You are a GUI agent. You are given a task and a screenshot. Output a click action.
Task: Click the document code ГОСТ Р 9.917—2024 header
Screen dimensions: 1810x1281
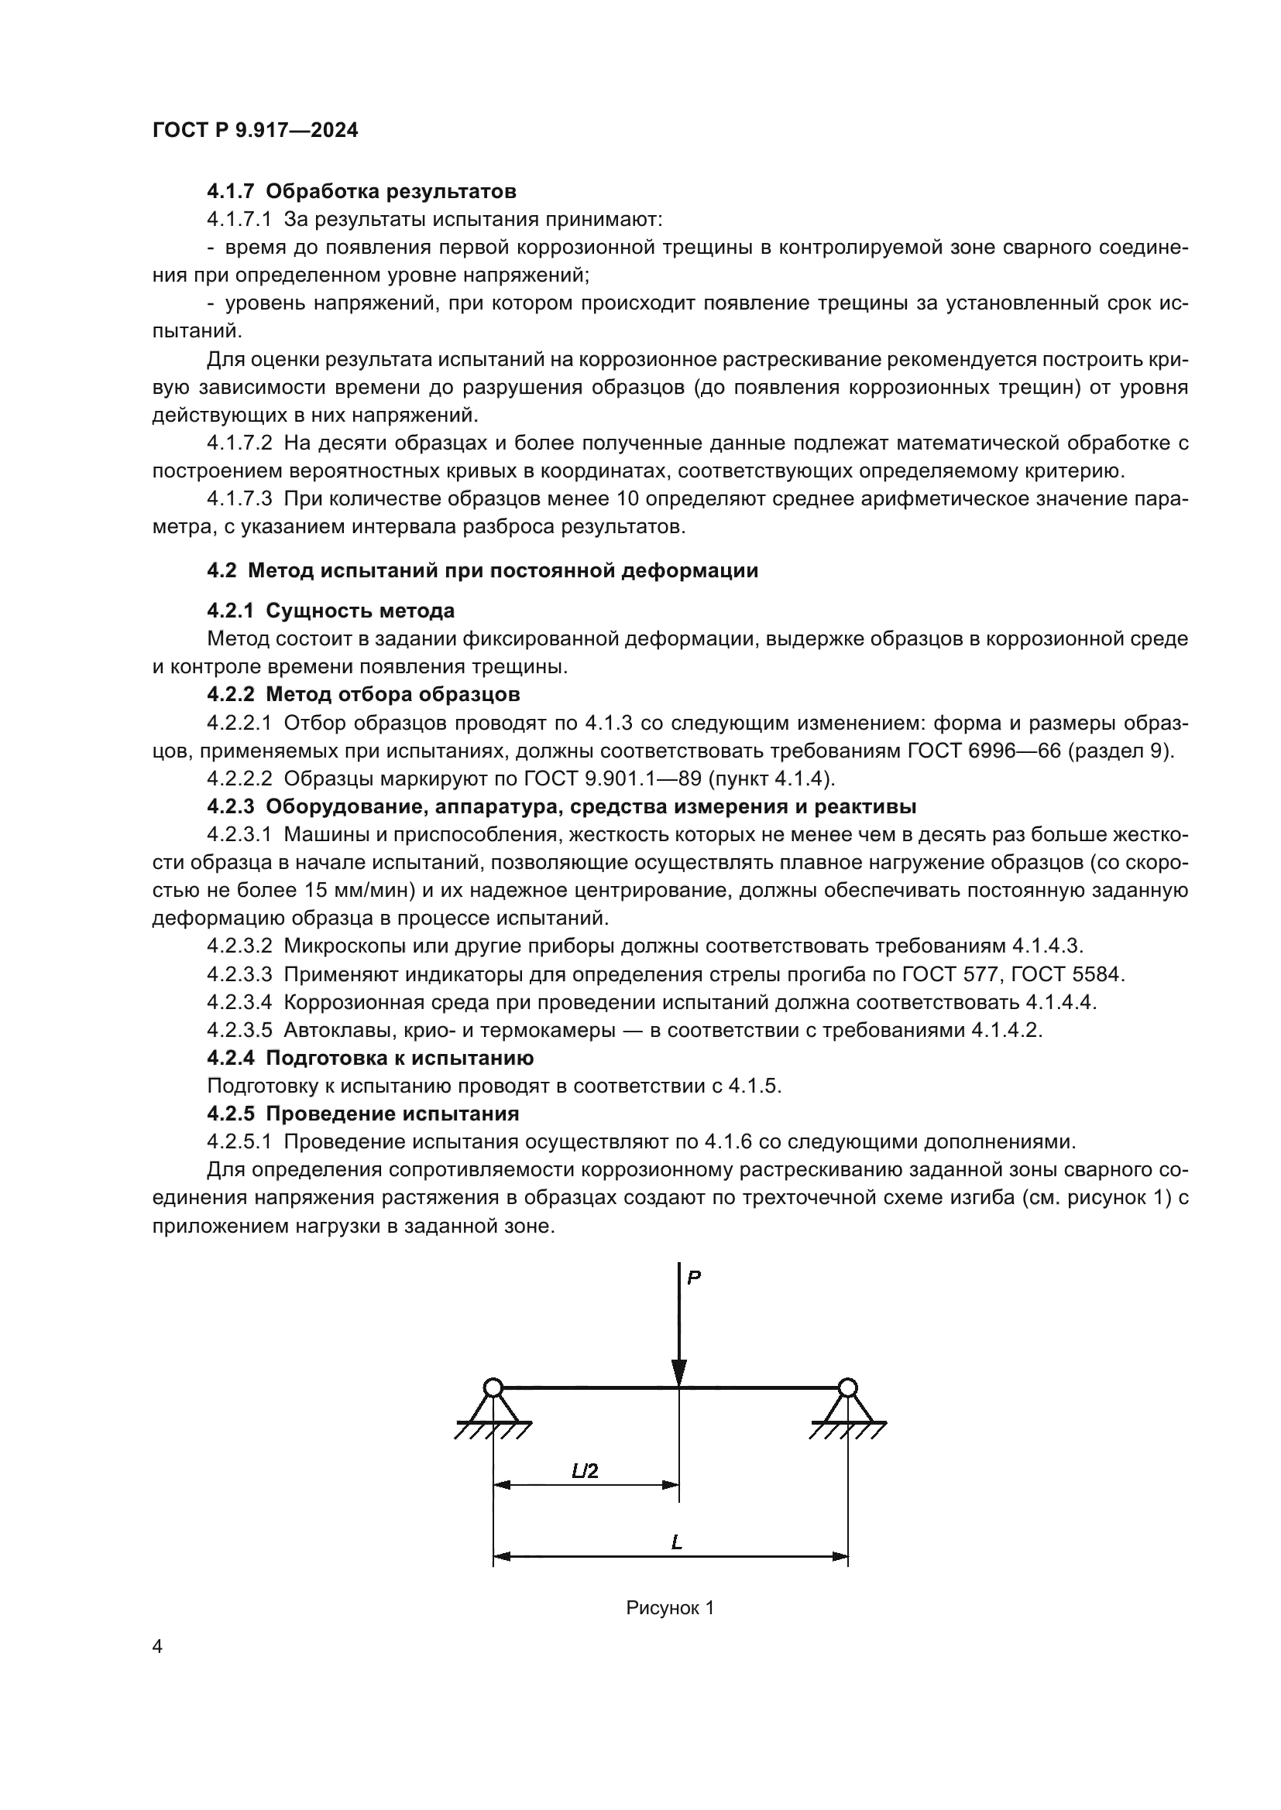(255, 130)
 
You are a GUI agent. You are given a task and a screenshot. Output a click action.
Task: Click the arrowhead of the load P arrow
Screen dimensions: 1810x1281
(679, 1372)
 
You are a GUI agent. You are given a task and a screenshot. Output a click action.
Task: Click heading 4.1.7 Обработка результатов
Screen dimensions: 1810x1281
(361, 191)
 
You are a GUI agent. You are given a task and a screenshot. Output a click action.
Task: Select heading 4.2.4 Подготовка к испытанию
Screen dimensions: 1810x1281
(370, 1057)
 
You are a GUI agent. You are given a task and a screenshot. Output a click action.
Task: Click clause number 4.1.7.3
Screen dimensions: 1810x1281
(239, 498)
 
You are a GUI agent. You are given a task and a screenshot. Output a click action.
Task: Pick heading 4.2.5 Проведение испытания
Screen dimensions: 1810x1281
(362, 1113)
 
